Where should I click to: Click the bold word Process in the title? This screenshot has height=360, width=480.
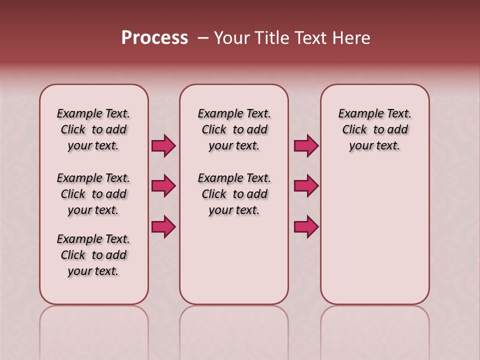[x=154, y=38]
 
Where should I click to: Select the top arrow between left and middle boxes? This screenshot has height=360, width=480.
[x=163, y=146]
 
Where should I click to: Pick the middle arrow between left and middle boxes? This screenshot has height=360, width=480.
[x=163, y=186]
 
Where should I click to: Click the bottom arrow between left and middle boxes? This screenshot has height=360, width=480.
[x=163, y=227]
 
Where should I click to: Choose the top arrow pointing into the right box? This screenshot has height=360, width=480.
[x=306, y=146]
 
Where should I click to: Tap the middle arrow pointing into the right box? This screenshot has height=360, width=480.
[x=306, y=186]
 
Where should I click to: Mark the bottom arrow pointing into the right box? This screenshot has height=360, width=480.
[x=306, y=227]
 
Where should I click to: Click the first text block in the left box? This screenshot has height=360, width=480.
[x=93, y=129]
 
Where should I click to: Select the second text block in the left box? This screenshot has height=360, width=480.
[x=93, y=194]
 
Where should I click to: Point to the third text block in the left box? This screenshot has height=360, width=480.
[x=93, y=255]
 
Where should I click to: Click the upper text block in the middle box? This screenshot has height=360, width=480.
[x=234, y=129]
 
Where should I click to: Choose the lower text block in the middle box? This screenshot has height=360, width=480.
[x=234, y=194]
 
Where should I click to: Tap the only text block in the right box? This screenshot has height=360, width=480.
[x=374, y=129]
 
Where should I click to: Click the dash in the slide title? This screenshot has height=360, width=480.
[x=203, y=38]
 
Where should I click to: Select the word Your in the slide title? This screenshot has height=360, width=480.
[x=232, y=38]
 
